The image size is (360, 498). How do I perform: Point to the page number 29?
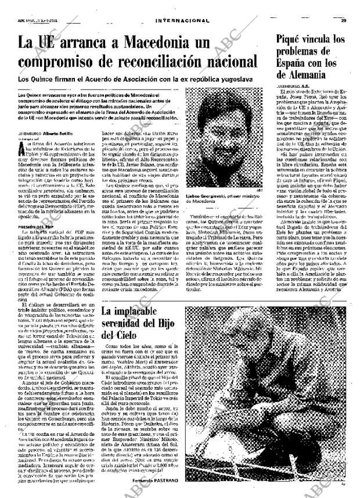click(344, 5)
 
